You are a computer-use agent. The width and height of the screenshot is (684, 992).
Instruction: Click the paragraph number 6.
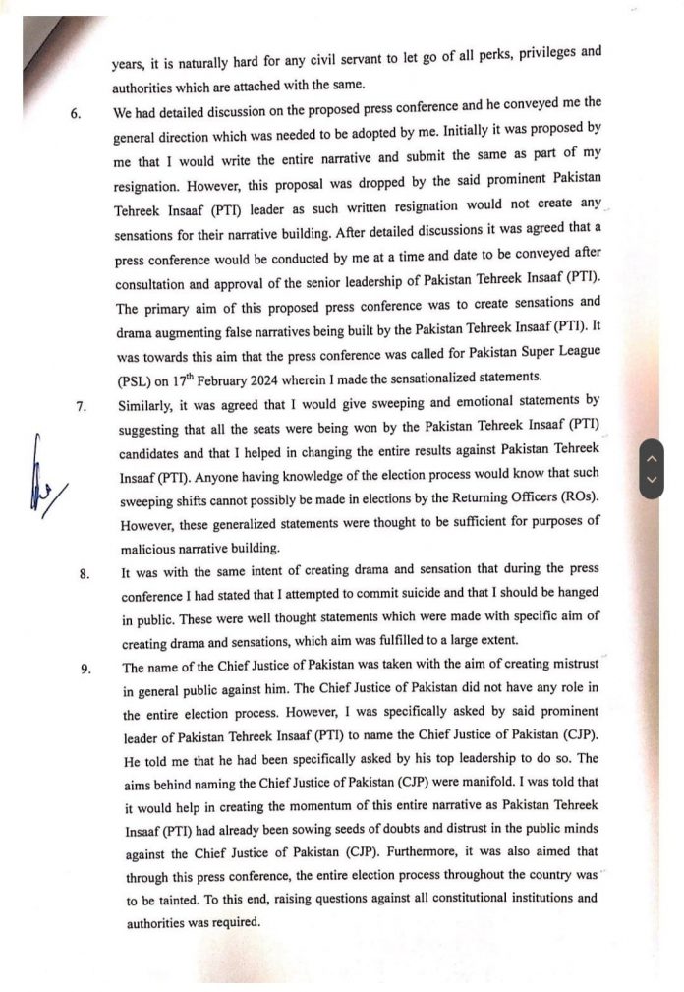click(x=76, y=111)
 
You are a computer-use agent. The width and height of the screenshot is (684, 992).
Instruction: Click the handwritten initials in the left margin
click(x=41, y=483)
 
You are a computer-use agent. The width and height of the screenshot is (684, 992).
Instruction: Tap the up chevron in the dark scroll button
click(x=651, y=457)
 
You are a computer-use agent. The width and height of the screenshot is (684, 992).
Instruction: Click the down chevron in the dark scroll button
click(x=651, y=480)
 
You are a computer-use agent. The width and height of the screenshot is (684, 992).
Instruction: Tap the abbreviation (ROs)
click(x=576, y=498)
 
